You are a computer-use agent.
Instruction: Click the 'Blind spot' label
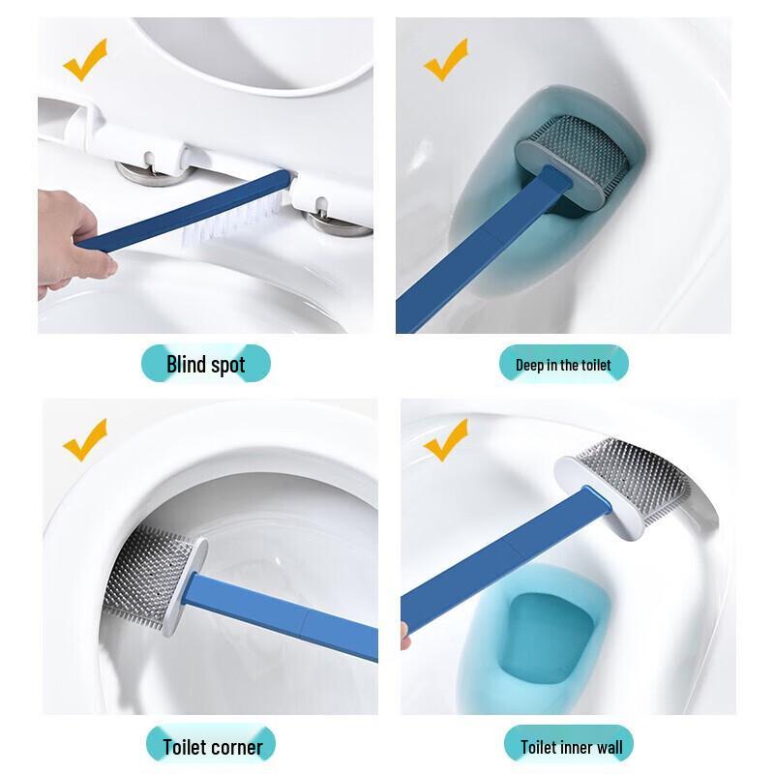click(x=205, y=365)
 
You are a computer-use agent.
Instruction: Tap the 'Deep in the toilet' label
click(x=563, y=365)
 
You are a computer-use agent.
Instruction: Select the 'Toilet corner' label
click(x=212, y=746)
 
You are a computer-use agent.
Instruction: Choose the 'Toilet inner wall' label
click(x=571, y=746)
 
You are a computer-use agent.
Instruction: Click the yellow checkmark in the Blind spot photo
click(x=85, y=60)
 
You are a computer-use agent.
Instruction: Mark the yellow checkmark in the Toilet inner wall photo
click(x=445, y=441)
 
